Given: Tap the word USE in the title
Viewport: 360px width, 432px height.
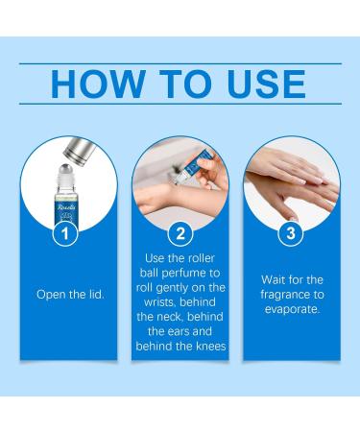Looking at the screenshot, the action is (x=266, y=84).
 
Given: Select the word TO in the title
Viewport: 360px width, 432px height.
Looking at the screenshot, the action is (x=185, y=84).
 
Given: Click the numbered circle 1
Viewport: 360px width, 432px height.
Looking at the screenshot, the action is (x=65, y=233).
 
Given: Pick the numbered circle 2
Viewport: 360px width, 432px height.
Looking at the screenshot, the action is (x=180, y=233).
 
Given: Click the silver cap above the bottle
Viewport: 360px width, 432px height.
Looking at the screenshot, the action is (x=79, y=151).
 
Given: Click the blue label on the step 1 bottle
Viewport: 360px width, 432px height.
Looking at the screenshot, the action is (x=66, y=214).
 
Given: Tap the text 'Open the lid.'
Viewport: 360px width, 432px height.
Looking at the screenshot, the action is (x=70, y=295).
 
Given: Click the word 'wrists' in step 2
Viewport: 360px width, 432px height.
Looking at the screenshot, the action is (x=159, y=302).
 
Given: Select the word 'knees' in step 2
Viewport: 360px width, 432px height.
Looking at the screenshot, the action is (x=210, y=346).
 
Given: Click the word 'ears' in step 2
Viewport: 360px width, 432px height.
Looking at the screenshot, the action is (x=179, y=331).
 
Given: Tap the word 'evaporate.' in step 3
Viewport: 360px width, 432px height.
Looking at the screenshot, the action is (x=292, y=309).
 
